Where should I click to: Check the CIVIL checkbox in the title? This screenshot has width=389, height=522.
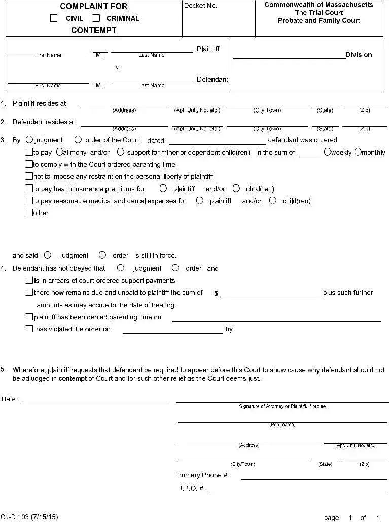54,18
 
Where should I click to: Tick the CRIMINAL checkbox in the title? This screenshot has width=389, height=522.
96,18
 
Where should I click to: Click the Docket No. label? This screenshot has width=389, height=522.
200,6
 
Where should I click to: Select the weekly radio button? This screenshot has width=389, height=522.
327,152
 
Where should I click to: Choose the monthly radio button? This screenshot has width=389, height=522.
358,152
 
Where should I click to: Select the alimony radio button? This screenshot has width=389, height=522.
59,152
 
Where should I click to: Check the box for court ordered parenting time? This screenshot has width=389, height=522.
29,164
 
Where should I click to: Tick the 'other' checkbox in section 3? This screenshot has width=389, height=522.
29,213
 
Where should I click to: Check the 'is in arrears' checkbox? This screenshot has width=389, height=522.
29,280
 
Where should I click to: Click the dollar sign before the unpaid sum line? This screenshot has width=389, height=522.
216,293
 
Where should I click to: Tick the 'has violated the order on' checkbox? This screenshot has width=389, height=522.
29,329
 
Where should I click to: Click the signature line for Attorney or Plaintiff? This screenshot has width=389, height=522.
282,401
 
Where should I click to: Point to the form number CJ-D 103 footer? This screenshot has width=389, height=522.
29,517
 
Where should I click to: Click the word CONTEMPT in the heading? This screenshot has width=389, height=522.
93,30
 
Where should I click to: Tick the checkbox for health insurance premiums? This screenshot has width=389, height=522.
29,189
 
